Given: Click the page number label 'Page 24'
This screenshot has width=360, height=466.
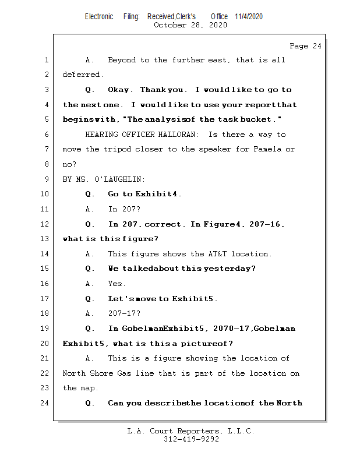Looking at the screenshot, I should (x=305, y=46).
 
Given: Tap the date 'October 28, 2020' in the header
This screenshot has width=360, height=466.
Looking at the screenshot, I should (x=190, y=25).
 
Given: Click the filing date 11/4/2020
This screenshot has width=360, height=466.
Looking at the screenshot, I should (x=249, y=16).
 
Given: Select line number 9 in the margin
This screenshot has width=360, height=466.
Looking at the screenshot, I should (x=46, y=179).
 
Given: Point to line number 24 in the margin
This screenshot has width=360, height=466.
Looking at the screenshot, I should (x=44, y=403).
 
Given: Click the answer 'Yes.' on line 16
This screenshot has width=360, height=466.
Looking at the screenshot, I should (x=117, y=284).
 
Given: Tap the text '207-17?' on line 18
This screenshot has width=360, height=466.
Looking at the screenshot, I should (x=124, y=313).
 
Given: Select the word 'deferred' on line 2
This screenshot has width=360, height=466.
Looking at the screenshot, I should (x=83, y=75).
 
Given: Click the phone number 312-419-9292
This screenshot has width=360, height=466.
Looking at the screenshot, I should (x=190, y=440).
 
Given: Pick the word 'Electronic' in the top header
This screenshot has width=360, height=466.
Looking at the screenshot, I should (x=99, y=16).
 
